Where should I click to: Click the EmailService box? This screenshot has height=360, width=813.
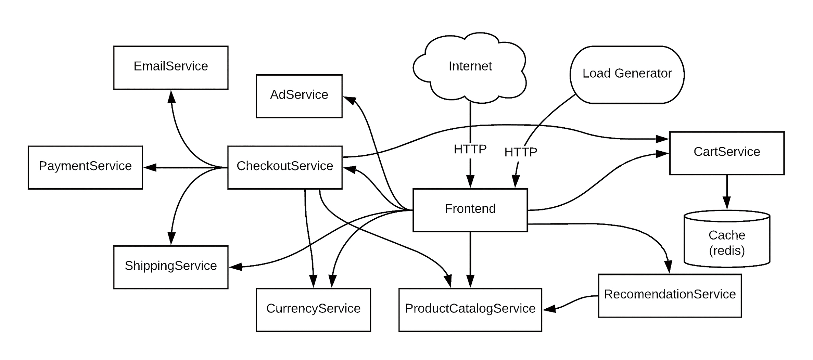coord(171,68)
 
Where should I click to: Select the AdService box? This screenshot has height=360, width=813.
coord(299,96)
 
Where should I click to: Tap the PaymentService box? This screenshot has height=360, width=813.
coord(85,167)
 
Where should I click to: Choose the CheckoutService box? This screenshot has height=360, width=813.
coord(285,167)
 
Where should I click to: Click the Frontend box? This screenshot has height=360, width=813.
coord(470,210)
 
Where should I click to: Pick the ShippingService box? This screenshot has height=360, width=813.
coord(171,267)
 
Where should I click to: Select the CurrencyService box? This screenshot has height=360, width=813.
coord(313,310)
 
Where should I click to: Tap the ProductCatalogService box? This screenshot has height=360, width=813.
coord(470,310)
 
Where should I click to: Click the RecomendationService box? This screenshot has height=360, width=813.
coord(670,296)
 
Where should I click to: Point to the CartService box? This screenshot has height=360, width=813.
coord(727,153)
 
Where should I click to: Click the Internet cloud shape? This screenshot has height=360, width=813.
coord(470,67)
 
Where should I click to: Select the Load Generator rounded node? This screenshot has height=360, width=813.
coord(627,75)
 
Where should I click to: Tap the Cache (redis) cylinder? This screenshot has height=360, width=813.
coord(727,239)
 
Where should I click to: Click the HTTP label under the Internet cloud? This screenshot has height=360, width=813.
coord(470,149)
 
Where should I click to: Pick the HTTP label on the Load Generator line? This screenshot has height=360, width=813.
coord(521,152)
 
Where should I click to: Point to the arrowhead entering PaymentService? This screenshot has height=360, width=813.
coord(150,167)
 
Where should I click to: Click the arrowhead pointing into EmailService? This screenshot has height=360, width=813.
coord(171,97)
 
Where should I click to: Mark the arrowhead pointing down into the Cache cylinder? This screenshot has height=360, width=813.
coord(727,203)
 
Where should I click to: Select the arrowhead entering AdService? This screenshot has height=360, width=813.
coord(350,101)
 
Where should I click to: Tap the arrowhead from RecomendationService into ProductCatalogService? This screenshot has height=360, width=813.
coord(549,309)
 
